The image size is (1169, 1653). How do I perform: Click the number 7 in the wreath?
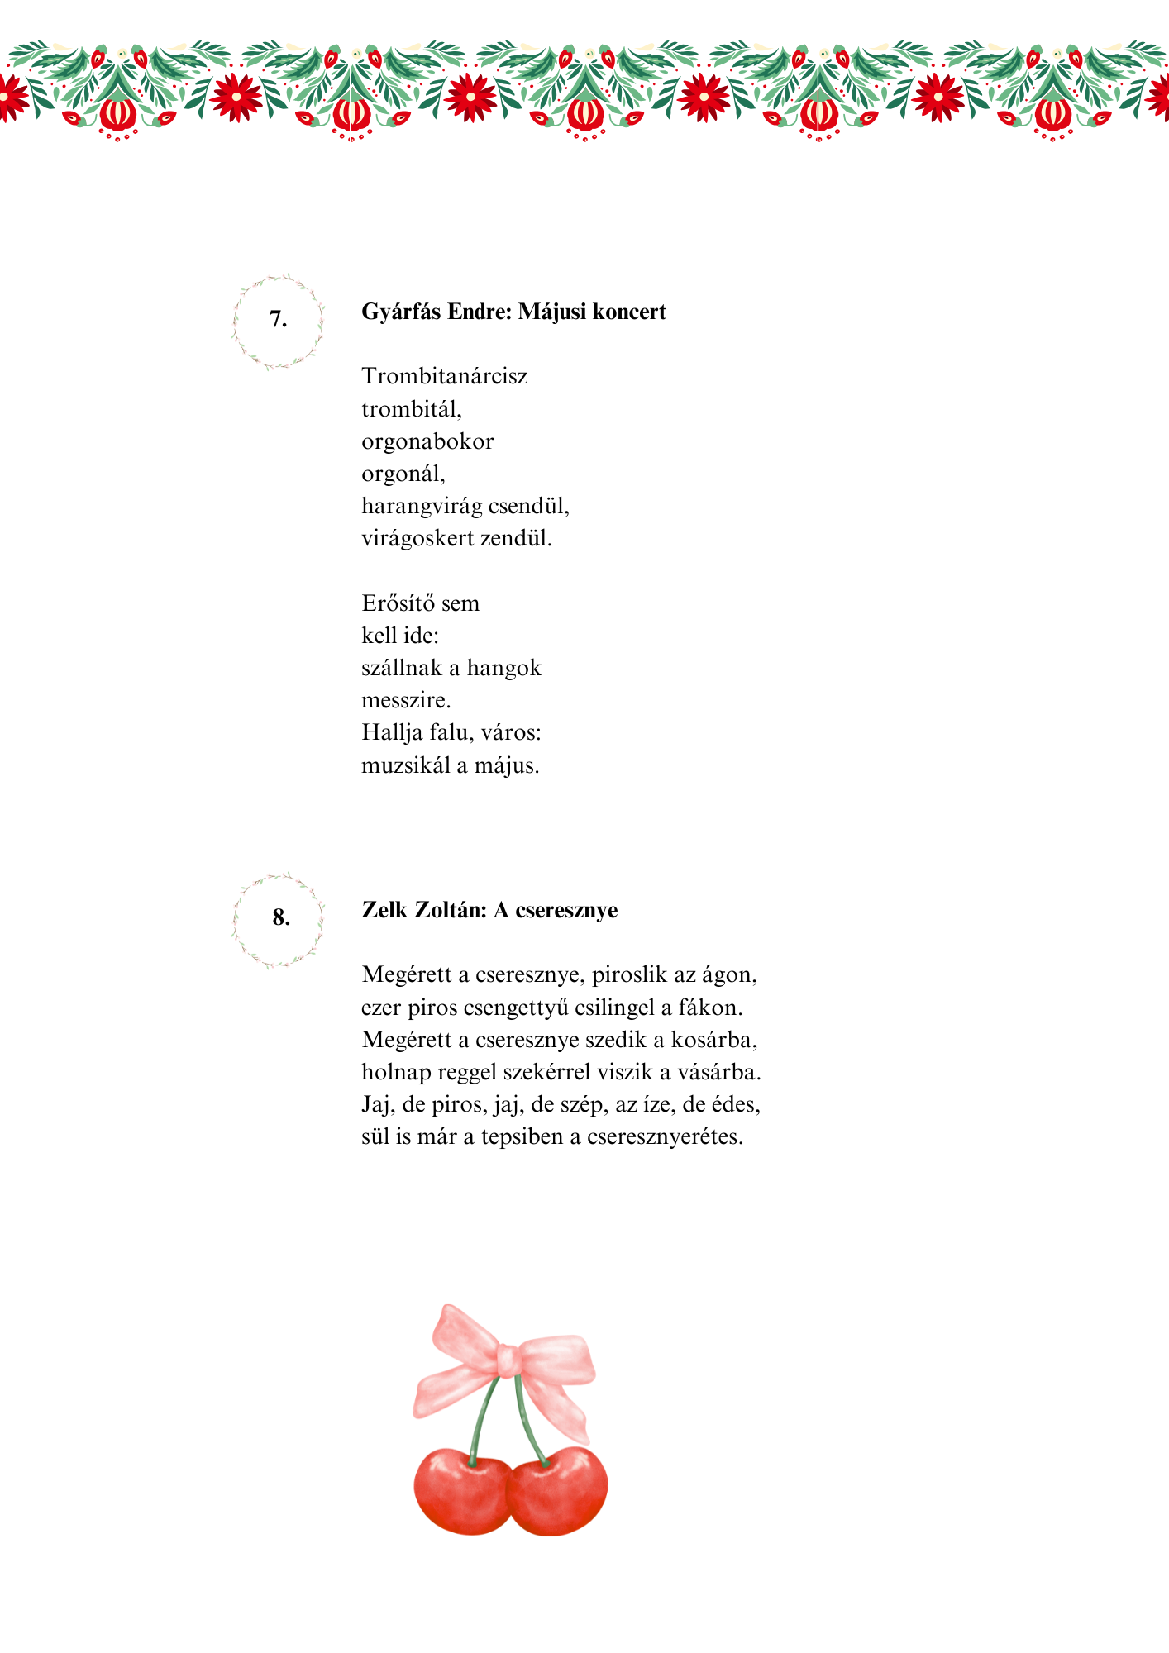tap(279, 319)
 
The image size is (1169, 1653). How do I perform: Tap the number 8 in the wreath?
tap(281, 917)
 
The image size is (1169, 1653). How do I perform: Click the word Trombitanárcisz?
tap(444, 377)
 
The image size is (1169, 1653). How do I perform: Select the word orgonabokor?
tap(427, 442)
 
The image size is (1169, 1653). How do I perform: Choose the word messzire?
tap(406, 701)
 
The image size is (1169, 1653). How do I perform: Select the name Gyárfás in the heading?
tap(401, 312)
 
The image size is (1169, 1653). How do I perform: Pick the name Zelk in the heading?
tap(384, 910)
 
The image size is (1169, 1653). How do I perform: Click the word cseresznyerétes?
tap(665, 1137)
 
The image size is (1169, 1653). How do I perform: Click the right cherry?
tap(559, 1493)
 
